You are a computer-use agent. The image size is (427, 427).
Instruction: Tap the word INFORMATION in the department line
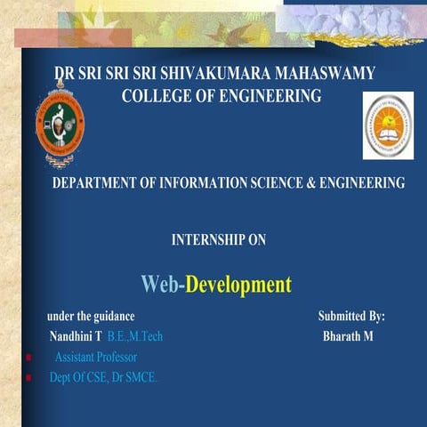(202, 183)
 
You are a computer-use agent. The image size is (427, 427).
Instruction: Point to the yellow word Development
(238, 285)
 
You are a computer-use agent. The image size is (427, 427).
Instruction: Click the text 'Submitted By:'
(351, 317)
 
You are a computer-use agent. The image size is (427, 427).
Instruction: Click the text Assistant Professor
(96, 358)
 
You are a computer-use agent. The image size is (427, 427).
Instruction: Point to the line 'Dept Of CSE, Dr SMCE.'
(103, 378)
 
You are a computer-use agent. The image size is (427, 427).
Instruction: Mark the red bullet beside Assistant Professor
(29, 358)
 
